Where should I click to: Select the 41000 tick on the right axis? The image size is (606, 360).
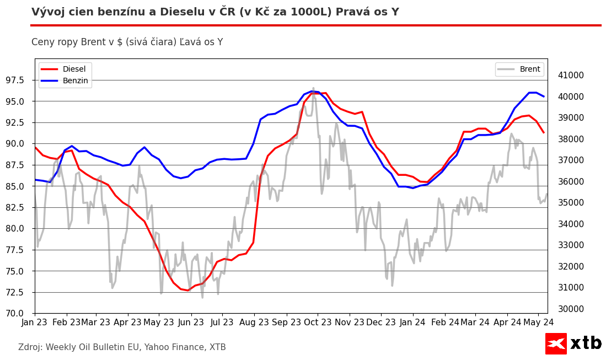click(x=571, y=76)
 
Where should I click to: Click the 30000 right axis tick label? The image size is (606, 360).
click(x=571, y=309)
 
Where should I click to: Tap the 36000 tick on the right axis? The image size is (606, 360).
click(x=571, y=182)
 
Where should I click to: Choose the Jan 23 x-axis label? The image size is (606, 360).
click(x=35, y=322)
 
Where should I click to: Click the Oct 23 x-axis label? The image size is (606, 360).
click(x=318, y=322)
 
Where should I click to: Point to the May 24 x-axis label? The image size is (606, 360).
click(x=538, y=322)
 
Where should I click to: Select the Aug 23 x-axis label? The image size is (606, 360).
click(x=254, y=322)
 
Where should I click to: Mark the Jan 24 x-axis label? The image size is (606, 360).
click(x=412, y=322)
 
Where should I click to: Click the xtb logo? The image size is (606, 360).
click(x=573, y=343)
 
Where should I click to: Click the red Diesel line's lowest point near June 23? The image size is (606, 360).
click(x=187, y=290)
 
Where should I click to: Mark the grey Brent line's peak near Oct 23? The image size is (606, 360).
click(x=313, y=88)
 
